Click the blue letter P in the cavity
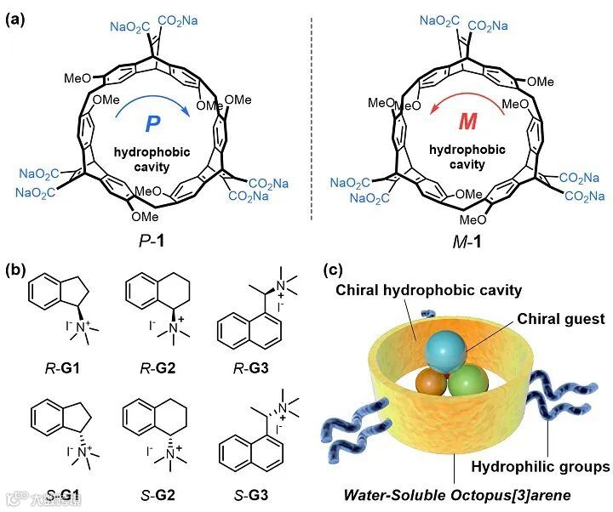(x=152, y=124)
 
